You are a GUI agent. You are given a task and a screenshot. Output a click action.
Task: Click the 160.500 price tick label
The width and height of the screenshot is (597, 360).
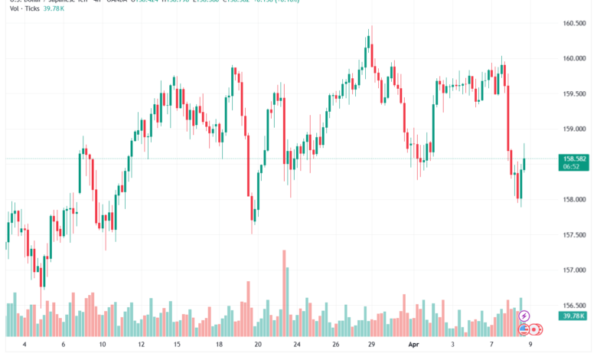(575, 23)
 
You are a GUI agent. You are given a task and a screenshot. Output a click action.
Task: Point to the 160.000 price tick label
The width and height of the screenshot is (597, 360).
(575, 58)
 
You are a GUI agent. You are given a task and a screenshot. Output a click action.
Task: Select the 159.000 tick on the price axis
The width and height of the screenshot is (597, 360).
(575, 129)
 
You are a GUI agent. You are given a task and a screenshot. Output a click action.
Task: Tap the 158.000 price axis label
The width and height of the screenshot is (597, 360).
(575, 199)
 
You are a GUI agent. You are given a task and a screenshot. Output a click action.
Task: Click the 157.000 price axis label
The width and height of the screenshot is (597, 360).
(575, 270)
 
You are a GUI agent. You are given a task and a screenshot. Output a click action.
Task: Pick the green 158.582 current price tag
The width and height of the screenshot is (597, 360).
(575, 159)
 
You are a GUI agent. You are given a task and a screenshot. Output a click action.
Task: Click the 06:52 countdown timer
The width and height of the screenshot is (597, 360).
(573, 166)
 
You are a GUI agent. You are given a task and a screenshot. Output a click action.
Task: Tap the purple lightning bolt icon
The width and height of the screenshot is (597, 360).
(524, 315)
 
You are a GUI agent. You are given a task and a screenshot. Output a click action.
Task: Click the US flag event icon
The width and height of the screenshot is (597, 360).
(524, 329)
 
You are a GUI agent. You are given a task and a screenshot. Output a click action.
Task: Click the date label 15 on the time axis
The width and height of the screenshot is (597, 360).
(178, 345)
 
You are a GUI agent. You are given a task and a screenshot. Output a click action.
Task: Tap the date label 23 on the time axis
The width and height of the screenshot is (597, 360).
(296, 345)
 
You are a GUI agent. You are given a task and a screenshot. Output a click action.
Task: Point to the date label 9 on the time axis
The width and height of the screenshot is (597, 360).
(530, 345)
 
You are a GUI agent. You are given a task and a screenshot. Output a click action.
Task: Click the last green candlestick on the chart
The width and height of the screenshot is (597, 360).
(525, 165)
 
